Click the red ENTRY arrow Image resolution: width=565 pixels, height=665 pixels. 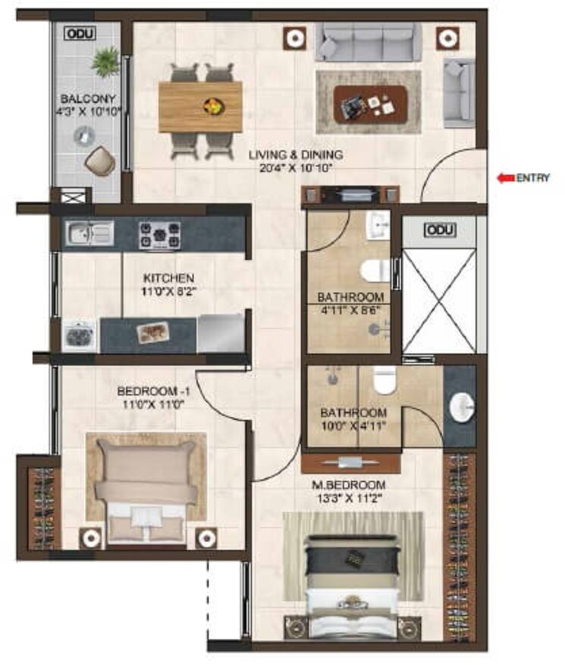click(504, 179)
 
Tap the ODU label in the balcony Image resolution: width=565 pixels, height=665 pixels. click(76, 34)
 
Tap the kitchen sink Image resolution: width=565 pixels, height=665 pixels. click(89, 233)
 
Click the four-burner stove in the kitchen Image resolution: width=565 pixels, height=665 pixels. click(159, 234)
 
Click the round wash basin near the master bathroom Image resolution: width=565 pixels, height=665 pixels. click(461, 407)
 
